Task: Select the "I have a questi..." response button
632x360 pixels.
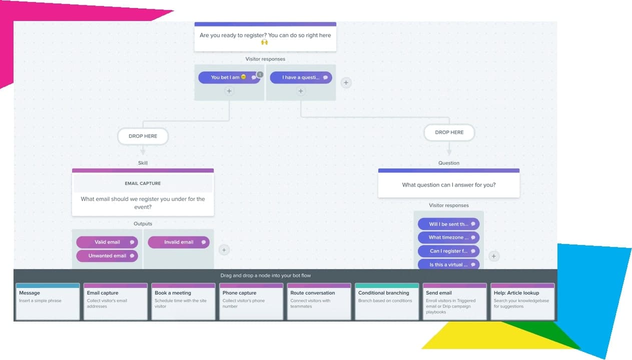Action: point(300,77)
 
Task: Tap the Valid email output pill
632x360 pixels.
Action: point(107,242)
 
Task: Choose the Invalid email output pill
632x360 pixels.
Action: point(179,242)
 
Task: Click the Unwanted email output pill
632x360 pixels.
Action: point(107,255)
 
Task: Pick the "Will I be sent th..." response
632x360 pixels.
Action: point(448,224)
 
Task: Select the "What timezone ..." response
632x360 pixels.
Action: point(448,237)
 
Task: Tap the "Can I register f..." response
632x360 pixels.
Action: point(448,251)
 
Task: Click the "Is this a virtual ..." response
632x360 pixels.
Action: point(448,264)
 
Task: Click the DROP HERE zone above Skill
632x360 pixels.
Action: point(143,136)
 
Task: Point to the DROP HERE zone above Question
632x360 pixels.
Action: point(449,132)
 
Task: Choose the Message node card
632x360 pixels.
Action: point(48,301)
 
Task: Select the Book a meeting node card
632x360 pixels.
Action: point(183,301)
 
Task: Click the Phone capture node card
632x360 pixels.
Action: point(251,301)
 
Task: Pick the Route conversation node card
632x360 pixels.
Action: point(319,301)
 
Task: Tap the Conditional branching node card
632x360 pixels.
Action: point(387,301)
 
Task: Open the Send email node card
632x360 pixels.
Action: point(455,301)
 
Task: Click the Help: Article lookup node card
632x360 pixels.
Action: point(522,301)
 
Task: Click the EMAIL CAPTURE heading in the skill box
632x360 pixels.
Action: point(143,183)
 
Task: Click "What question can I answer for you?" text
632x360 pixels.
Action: point(449,185)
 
